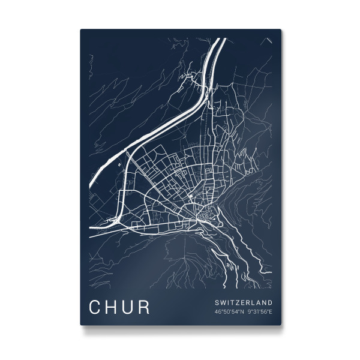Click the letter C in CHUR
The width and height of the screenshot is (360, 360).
(96, 307)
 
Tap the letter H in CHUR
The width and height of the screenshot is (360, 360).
(114, 307)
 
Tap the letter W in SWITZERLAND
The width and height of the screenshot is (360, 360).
(223, 302)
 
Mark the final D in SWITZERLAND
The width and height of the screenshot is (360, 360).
(270, 302)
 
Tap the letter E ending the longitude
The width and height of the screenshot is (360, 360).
(271, 312)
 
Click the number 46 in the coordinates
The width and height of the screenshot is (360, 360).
(218, 312)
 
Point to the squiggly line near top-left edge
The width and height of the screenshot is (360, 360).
(91, 61)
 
